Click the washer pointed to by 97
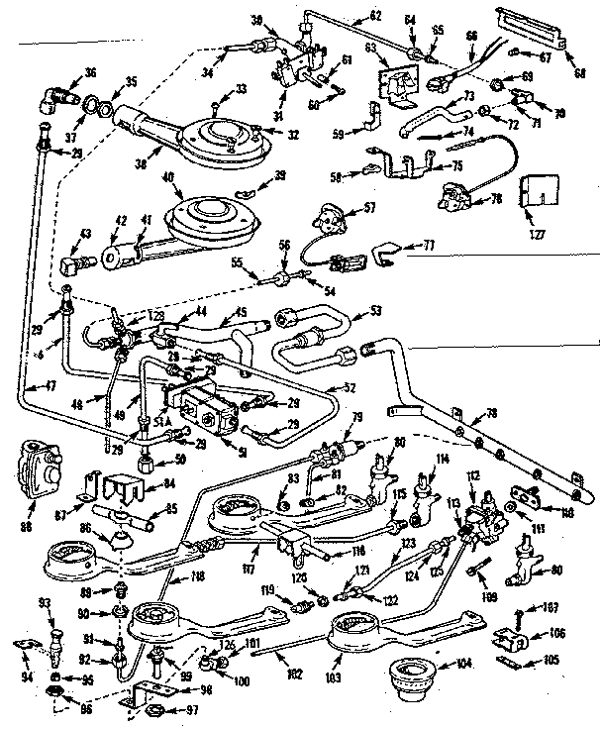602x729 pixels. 155,710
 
